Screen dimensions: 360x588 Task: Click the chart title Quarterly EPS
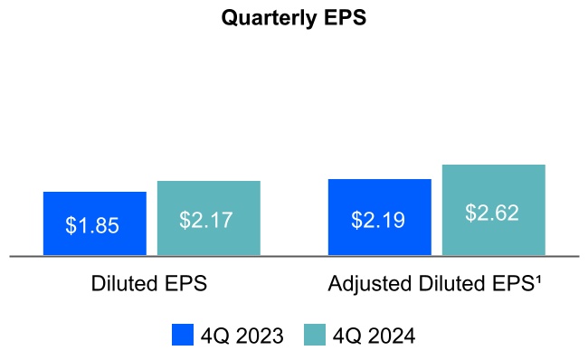coord(293,19)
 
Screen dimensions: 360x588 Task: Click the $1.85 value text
coord(92,225)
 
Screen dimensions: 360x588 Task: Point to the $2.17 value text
coord(208,220)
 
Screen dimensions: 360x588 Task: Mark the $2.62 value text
coord(493,213)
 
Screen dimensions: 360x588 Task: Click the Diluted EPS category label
coord(149,283)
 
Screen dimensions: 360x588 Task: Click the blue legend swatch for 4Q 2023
coord(183,336)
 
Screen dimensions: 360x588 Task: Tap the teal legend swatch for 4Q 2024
coord(314,336)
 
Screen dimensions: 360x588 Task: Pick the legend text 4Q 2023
coord(242,336)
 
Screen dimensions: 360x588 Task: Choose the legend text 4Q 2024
coord(374,336)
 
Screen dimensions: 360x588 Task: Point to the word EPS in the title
coord(345,19)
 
